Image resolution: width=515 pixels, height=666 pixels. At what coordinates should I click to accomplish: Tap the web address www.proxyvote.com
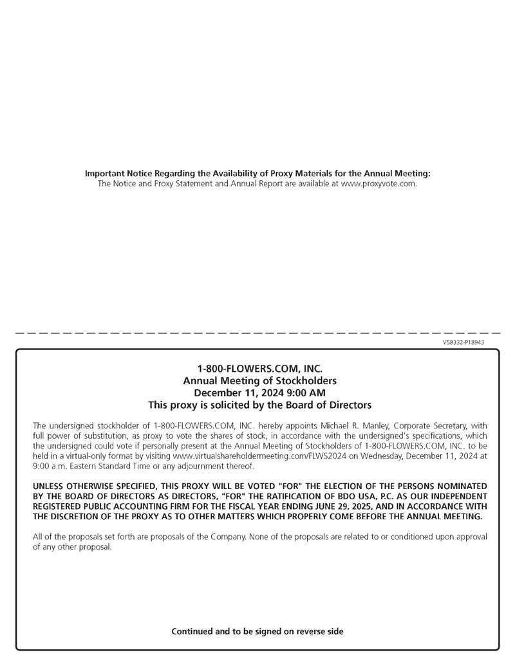(378, 183)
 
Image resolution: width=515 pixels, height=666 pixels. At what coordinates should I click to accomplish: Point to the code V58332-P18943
(464, 342)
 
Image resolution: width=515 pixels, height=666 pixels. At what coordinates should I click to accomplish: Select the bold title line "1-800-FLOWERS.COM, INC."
(259, 369)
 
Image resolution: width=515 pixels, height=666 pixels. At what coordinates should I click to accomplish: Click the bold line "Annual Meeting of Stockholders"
(259, 381)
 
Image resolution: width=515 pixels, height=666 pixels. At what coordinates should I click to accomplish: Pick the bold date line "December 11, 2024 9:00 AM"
(259, 393)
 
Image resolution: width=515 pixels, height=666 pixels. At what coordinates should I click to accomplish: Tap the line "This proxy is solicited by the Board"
(259, 405)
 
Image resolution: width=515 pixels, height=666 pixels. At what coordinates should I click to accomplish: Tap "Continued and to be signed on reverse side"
(257, 631)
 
